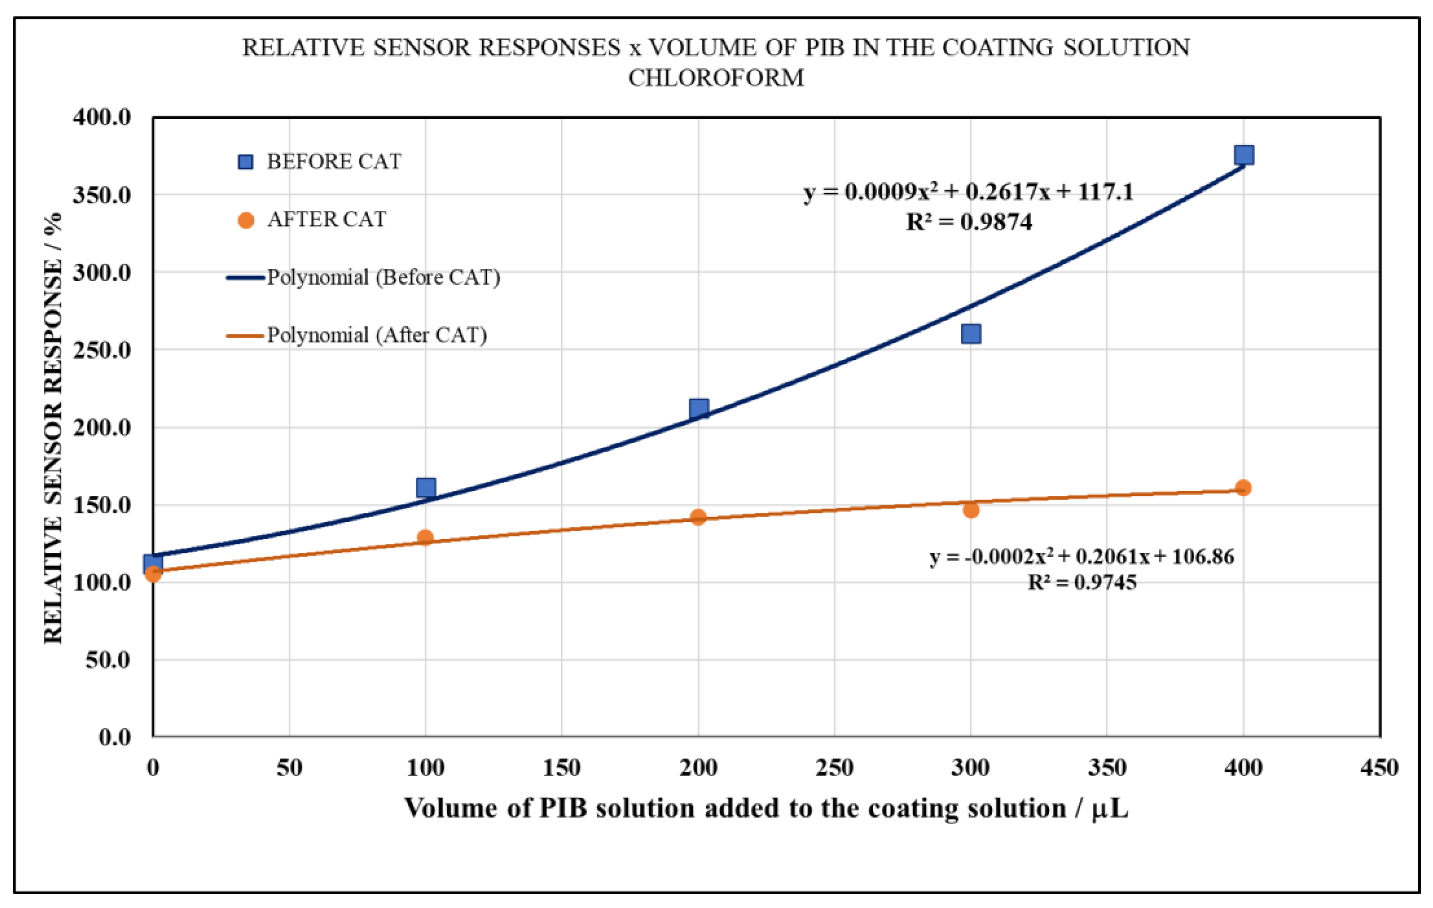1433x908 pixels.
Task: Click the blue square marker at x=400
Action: tap(1243, 155)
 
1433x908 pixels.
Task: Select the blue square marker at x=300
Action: tap(971, 334)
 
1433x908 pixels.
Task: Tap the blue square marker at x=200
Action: tap(699, 409)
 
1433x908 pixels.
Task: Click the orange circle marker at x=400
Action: tap(1243, 488)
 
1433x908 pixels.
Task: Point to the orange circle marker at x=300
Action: tap(971, 510)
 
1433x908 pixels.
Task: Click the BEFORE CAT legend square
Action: tap(245, 162)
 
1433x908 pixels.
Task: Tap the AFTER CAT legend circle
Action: tap(246, 220)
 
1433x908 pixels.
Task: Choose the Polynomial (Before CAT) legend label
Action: tap(383, 277)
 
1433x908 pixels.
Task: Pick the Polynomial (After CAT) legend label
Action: tap(377, 335)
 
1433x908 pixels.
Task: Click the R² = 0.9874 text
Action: tap(969, 222)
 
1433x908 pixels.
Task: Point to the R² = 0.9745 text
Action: tap(1082, 582)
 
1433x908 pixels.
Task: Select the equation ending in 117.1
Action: tap(968, 192)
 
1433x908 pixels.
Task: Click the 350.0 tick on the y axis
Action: tap(102, 195)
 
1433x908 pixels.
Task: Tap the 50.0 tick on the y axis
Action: tap(108, 660)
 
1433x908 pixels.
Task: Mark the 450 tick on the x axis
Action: tap(1379, 768)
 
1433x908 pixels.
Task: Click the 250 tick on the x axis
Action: tap(834, 768)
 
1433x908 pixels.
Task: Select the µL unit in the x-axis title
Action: tap(1110, 809)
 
